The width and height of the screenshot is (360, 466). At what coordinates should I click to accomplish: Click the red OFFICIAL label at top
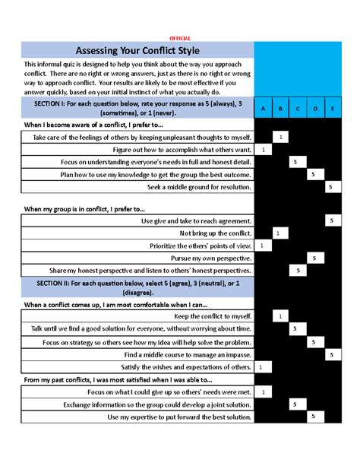(179, 38)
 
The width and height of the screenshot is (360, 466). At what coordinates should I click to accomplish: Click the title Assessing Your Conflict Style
(137, 51)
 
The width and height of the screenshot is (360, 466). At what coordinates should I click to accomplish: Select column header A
(262, 109)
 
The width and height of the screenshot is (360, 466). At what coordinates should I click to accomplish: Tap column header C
(296, 109)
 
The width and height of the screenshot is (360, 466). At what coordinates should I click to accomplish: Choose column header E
(331, 109)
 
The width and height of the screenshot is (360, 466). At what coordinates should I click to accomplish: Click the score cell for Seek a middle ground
(330, 187)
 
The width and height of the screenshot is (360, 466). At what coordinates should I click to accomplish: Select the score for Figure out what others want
(262, 150)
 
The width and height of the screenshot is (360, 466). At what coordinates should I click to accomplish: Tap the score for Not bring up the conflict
(279, 233)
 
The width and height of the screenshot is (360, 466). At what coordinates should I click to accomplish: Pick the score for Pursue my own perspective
(313, 258)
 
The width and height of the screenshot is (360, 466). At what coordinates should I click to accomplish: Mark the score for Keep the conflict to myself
(279, 315)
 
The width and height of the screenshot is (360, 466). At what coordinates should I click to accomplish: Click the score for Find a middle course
(330, 354)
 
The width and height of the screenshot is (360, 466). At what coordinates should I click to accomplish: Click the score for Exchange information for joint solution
(296, 404)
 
